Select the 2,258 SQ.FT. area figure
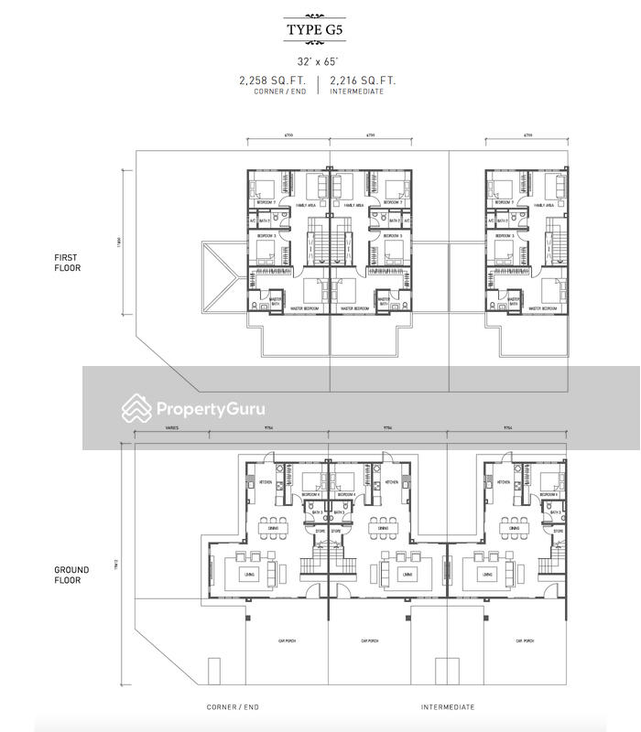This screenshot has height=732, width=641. click(x=273, y=81)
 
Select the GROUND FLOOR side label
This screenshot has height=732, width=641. click(x=71, y=575)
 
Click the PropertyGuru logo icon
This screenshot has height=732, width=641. click(x=136, y=408)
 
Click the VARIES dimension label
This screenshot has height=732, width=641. click(x=171, y=427)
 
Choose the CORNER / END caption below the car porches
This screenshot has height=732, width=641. click(x=233, y=707)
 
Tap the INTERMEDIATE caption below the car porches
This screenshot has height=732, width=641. click(x=448, y=707)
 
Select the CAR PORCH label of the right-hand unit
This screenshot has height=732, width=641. click(x=525, y=640)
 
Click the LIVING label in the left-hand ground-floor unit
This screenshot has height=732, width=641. click(x=249, y=574)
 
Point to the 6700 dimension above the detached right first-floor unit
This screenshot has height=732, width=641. click(x=527, y=135)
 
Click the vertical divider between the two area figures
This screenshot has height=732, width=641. click(x=319, y=85)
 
